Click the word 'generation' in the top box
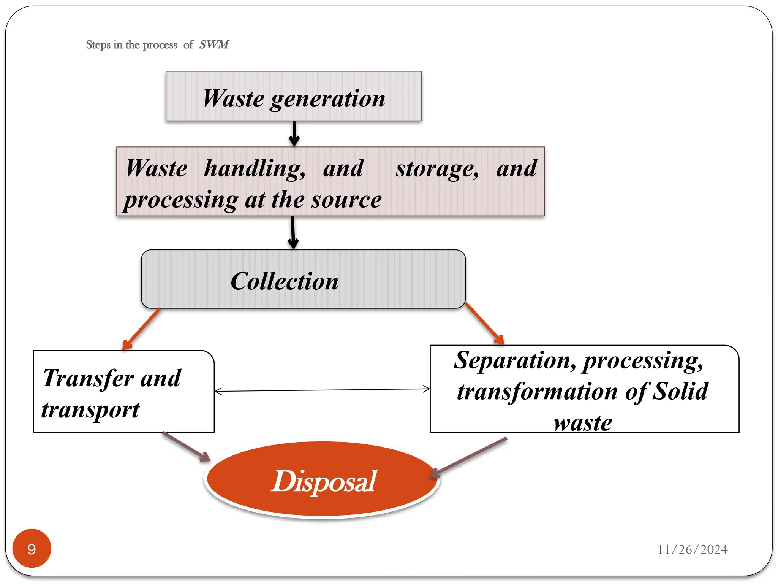(x=327, y=99)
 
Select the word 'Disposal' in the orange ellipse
(x=324, y=481)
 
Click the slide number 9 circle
(x=32, y=549)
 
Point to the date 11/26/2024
(x=692, y=549)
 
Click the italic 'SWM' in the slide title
(x=214, y=44)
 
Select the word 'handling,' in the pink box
(x=255, y=168)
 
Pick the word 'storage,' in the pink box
(x=437, y=168)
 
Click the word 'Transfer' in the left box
(x=88, y=378)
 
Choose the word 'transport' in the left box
(x=90, y=410)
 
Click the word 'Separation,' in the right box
(x=515, y=360)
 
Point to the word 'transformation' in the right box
(x=537, y=392)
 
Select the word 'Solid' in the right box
(x=680, y=392)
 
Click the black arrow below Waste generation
(x=294, y=133)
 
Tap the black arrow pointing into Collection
(x=293, y=232)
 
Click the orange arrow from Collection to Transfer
(x=141, y=329)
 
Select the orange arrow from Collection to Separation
(x=485, y=324)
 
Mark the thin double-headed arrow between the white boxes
(x=322, y=390)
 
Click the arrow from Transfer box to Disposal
(x=186, y=447)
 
